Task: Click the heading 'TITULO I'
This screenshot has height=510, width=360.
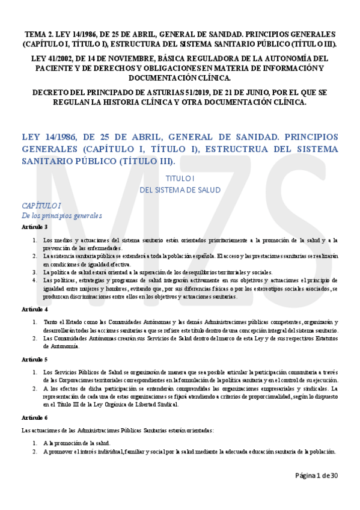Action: point(180,179)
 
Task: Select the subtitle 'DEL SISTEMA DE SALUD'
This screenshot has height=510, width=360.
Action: point(180,189)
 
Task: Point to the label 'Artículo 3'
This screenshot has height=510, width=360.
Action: point(34,227)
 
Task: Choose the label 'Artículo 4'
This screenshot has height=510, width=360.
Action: point(34,309)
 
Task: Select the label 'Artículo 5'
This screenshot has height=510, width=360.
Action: point(34,359)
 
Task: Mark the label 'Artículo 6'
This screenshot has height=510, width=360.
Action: point(34,417)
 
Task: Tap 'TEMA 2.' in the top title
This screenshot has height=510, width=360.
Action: point(40,34)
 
